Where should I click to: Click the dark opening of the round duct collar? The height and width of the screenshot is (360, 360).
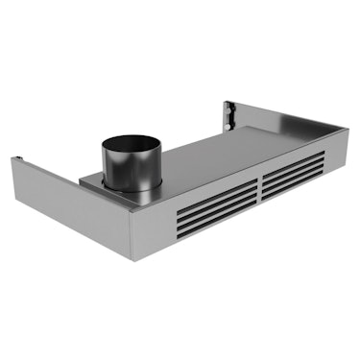pyautogui.click(x=134, y=145)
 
